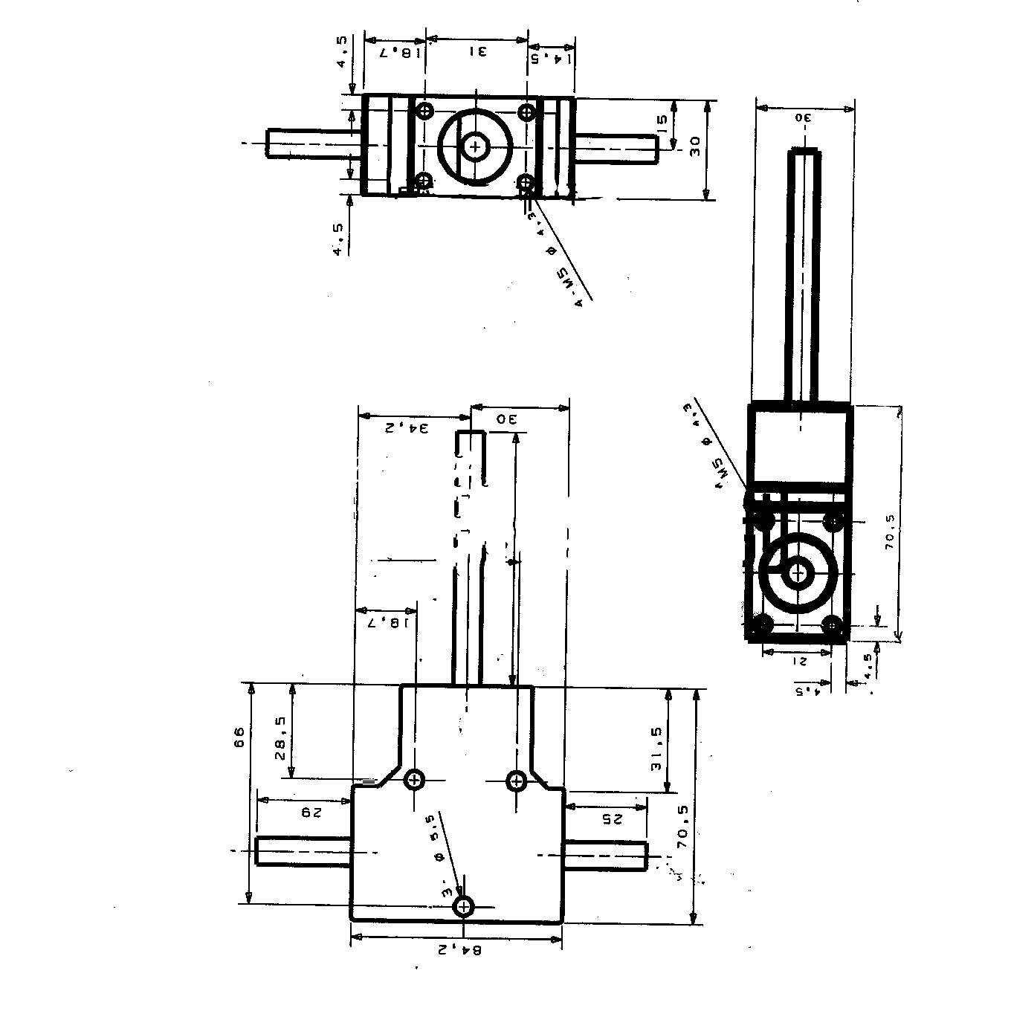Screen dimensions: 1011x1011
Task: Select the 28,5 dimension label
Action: [x=281, y=737]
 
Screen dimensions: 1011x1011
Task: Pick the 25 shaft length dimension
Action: [x=610, y=818]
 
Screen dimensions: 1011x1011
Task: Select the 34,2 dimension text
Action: [x=407, y=427]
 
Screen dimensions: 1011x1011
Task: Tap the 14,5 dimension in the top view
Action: [x=551, y=58]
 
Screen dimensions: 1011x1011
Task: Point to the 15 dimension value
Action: [x=662, y=120]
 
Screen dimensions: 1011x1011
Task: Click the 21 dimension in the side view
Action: [x=798, y=660]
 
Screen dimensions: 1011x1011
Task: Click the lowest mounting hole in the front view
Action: [x=464, y=906]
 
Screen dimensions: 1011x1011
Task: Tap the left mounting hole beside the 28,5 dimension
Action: [x=414, y=781]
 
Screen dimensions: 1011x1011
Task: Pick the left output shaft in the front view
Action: [x=303, y=850]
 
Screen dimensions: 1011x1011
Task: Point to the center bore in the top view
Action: [x=474, y=147]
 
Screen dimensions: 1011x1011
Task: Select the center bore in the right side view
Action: [x=798, y=573]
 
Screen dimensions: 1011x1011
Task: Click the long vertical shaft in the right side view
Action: [x=804, y=275]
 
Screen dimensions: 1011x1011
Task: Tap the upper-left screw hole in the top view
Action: [x=424, y=112]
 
